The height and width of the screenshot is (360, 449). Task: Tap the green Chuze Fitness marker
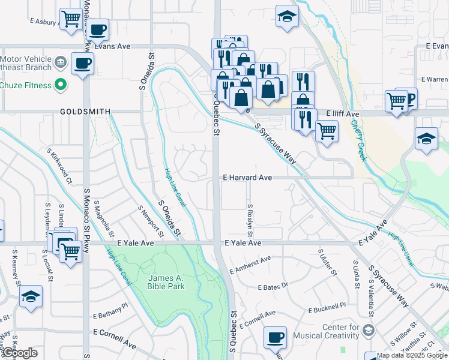tap(60, 85)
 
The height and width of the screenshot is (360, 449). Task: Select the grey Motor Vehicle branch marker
tap(60, 62)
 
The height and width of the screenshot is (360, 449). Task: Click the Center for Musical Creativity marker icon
tap(368, 330)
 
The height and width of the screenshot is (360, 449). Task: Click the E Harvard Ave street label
tap(247, 178)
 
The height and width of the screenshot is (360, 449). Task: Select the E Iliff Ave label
tap(342, 113)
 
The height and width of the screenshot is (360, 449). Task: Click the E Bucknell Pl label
tap(327, 308)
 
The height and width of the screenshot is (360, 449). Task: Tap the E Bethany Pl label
tap(110, 310)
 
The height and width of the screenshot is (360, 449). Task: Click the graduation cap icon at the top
tap(288, 17)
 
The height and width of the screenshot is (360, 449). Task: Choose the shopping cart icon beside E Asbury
tap(71, 19)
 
